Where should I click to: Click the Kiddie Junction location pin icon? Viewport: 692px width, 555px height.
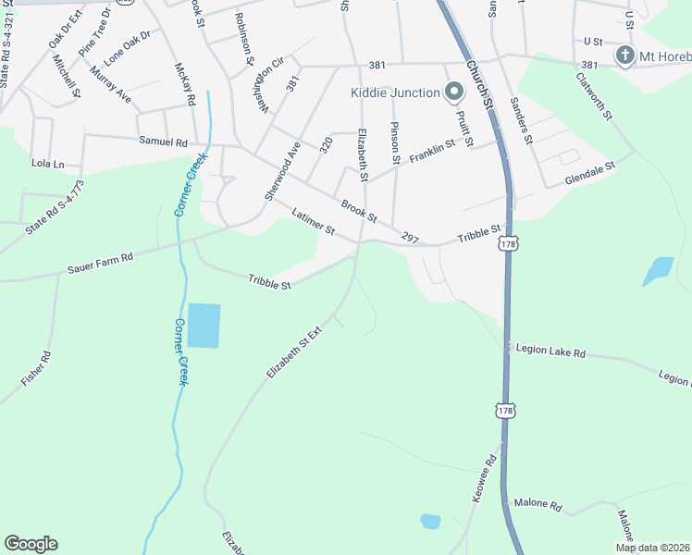tap(453, 92)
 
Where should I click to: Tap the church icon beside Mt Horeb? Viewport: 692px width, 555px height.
tap(624, 55)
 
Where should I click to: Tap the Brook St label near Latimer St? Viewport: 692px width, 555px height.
tap(359, 212)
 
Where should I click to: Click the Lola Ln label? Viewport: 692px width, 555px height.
tap(48, 164)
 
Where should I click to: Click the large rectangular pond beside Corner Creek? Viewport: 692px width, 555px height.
tap(204, 325)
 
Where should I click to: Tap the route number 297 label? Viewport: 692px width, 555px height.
tap(411, 238)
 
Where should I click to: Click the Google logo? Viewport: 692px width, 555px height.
tap(31, 544)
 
